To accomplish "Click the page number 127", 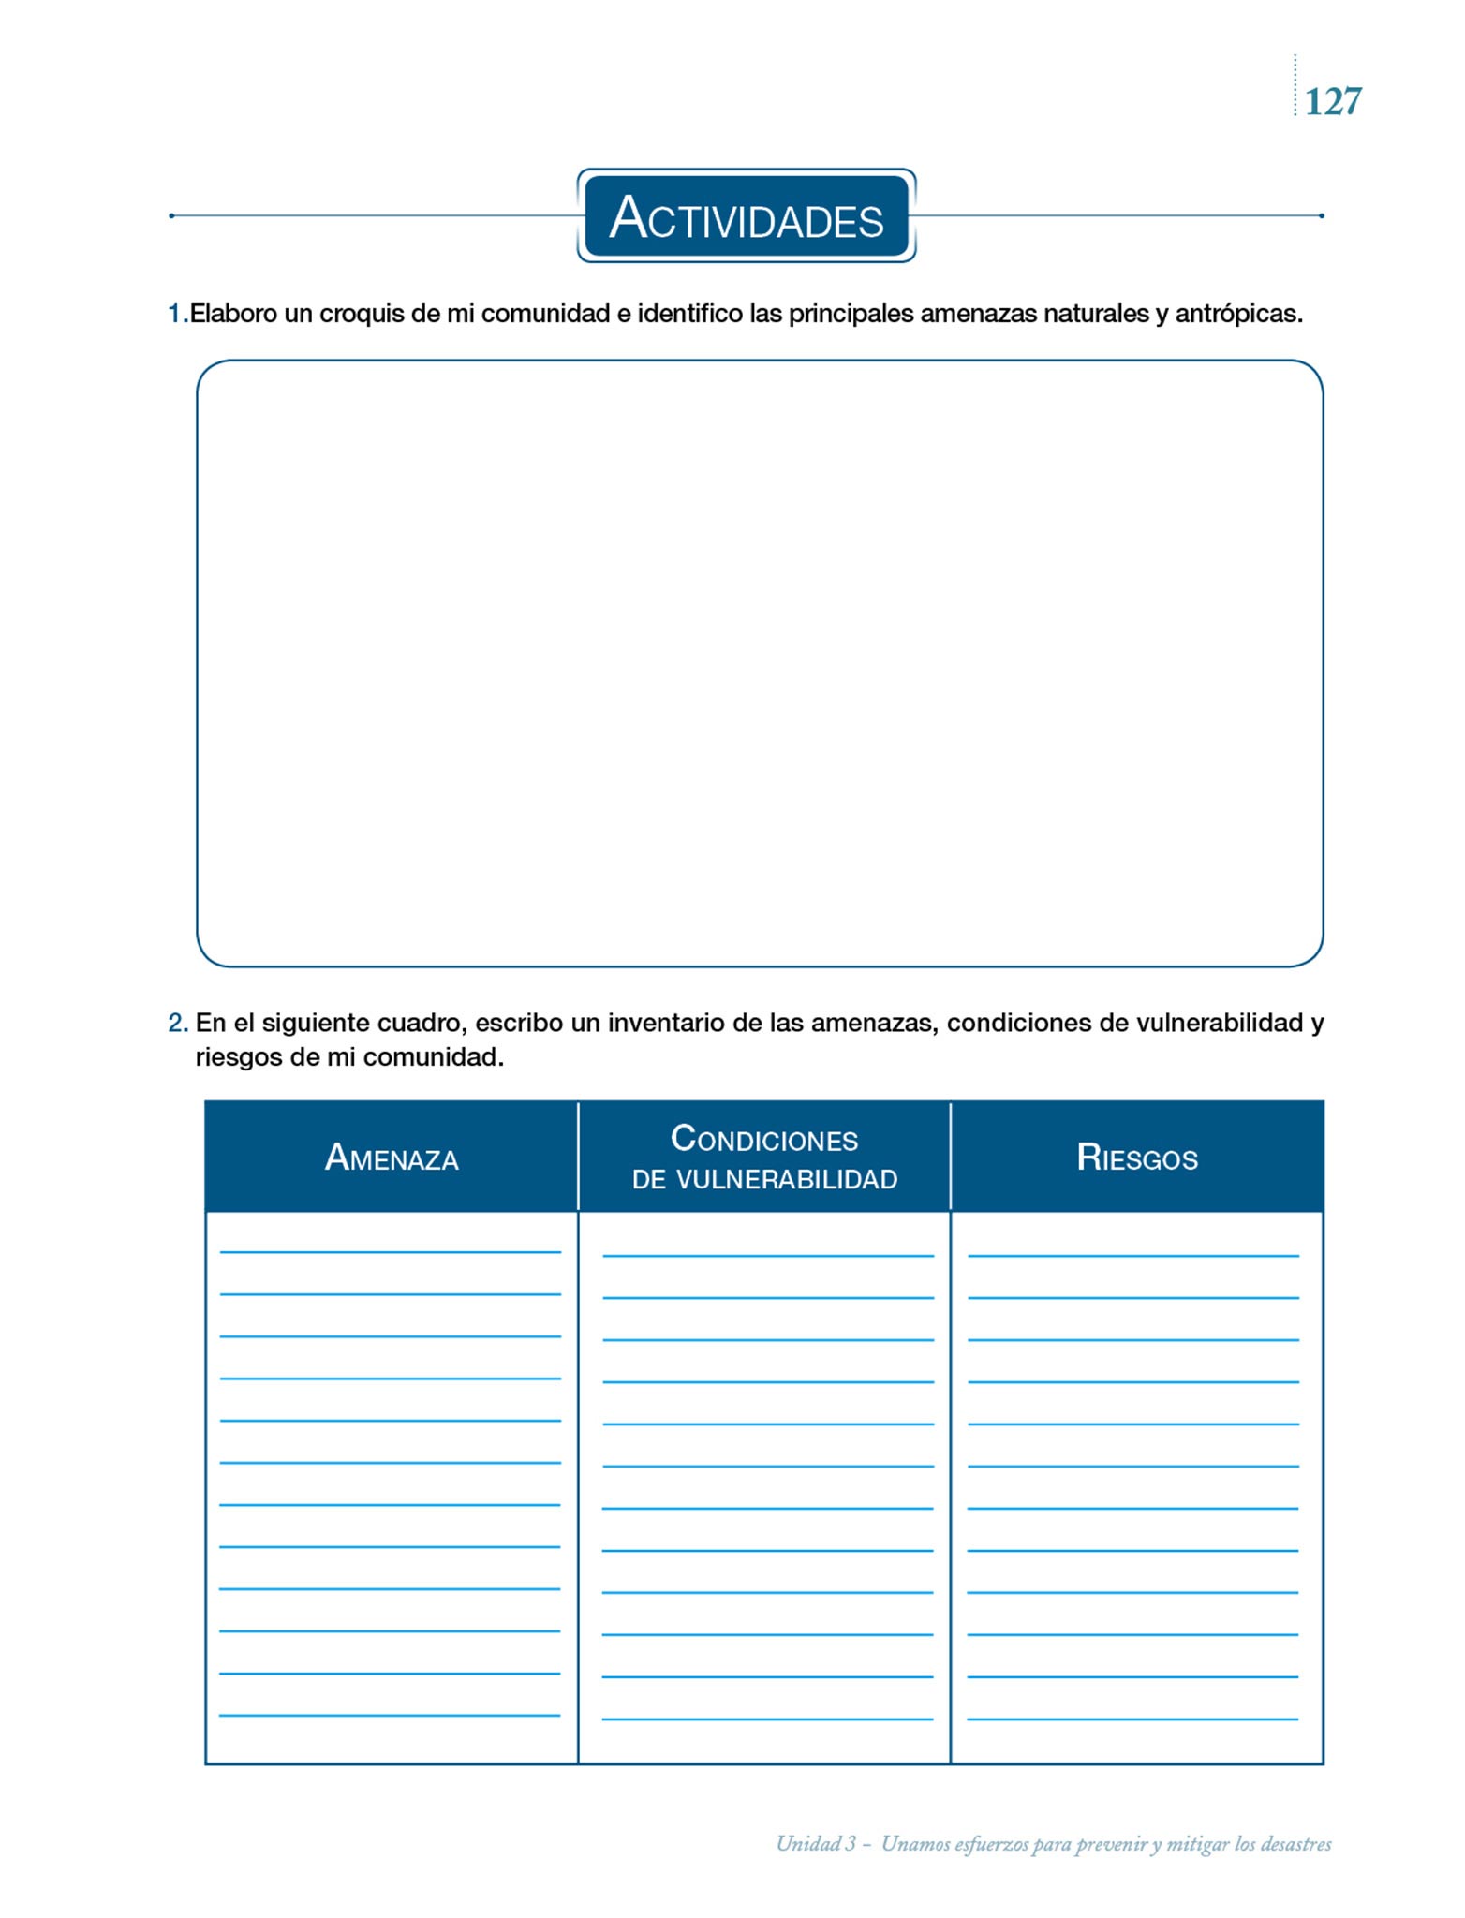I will pos(1332,101).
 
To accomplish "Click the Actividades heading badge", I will pos(746,216).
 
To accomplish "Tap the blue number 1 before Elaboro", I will pos(174,314).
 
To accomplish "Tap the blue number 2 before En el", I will pos(176,1023).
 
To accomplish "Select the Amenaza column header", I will pos(392,1158).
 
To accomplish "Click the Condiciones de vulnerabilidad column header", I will pos(764,1158).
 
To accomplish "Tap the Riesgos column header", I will pos(1137,1158).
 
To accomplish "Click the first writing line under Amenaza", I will pos(390,1250).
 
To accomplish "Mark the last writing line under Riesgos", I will pos(1132,1718).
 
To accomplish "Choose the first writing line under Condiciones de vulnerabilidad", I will pos(768,1254).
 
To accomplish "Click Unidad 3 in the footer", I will pos(816,1844).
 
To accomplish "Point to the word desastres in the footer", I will pos(1295,1844).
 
